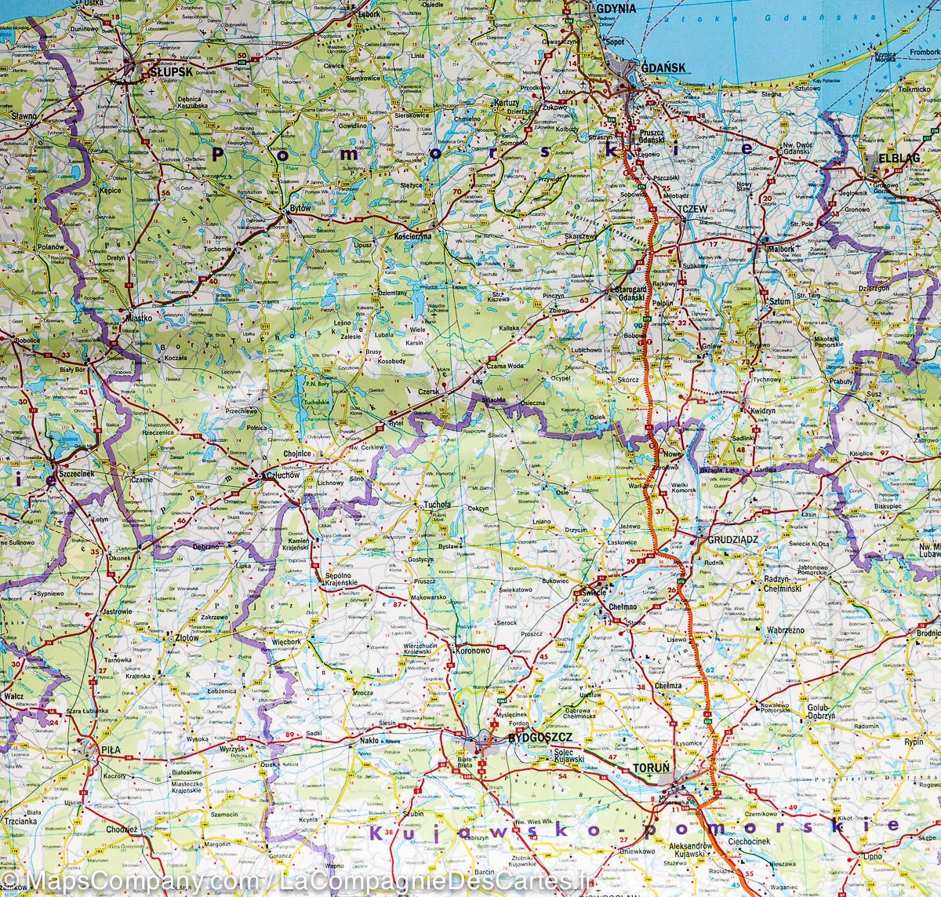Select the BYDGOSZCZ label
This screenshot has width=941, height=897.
pyautogui.click(x=536, y=738)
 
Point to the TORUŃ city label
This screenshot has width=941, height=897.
pyautogui.click(x=651, y=768)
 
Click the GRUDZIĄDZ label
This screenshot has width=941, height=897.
pyautogui.click(x=730, y=540)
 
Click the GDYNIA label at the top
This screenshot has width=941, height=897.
pyautogui.click(x=616, y=7)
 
